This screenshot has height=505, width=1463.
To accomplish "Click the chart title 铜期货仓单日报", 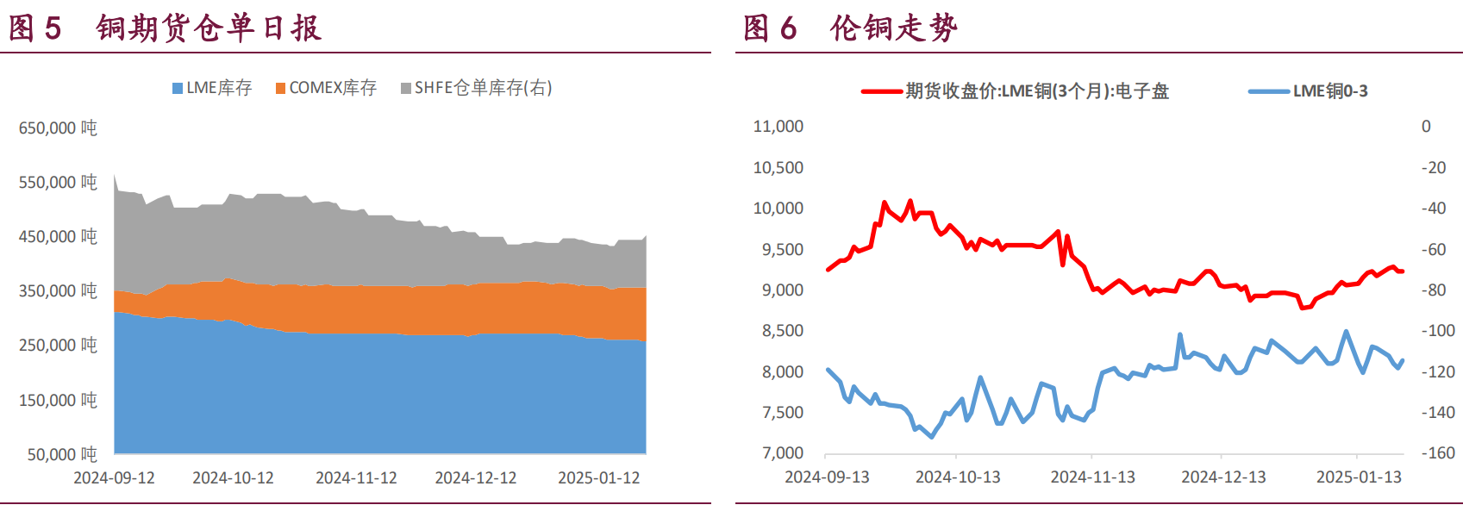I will tap(209, 28).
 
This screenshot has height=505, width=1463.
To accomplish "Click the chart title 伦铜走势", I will tap(894, 28).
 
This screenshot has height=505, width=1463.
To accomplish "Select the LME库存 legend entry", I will tap(212, 88).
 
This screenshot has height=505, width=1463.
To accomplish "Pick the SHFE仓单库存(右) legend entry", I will tap(477, 88).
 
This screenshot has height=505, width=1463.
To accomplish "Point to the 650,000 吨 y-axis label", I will tap(58, 128).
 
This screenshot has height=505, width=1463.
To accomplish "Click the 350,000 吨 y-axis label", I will tap(58, 291).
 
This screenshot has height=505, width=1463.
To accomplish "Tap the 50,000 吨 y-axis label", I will tap(62, 454).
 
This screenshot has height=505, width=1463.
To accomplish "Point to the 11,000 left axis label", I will tap(778, 127).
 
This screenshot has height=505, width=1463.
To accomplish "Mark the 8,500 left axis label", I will tap(782, 331).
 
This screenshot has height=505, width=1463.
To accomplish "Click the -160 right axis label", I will tap(1438, 453).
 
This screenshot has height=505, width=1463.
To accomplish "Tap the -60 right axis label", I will tap(1434, 250).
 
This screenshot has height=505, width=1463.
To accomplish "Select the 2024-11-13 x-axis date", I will tap(1092, 477).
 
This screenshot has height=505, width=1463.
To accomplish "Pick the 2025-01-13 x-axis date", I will tap(1359, 477).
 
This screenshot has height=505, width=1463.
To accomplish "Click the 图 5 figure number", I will tap(34, 28).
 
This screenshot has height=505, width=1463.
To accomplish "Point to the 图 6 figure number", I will tap(770, 28).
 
